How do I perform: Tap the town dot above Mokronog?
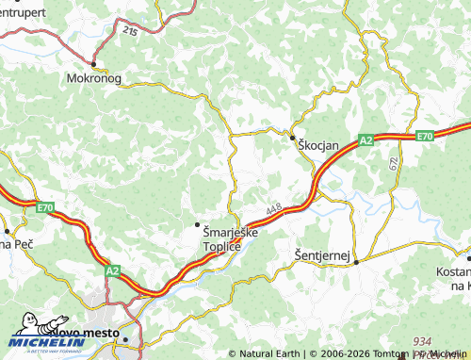point(93,64)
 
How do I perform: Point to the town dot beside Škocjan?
point(292,138)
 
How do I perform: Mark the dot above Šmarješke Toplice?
point(197,223)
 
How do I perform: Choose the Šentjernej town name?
point(322,255)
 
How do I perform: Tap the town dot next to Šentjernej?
point(356,262)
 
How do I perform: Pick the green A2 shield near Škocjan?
point(366,140)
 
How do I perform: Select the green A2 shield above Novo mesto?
point(112,270)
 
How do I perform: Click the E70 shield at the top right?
point(424,137)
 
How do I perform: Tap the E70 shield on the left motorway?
point(44,206)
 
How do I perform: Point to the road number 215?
point(129,31)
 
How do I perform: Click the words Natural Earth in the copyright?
point(268,354)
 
